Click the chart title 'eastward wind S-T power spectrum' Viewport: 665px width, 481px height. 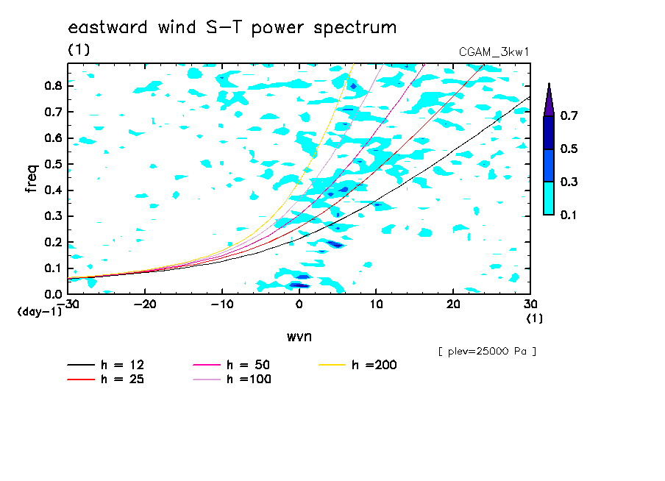(x=232, y=27)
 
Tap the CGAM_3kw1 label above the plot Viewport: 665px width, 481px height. (x=494, y=52)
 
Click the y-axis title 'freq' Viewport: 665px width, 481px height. (x=32, y=179)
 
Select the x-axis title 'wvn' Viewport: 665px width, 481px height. (x=299, y=337)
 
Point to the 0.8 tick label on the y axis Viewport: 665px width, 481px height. (x=53, y=85)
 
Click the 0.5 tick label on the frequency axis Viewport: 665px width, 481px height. (x=53, y=164)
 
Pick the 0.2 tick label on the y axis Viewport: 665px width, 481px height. (x=53, y=242)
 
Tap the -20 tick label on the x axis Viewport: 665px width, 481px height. (x=145, y=304)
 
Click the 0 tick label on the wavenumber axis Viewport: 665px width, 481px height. (x=299, y=304)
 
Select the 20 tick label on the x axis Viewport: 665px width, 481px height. (x=453, y=304)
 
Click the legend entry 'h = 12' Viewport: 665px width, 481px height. (x=106, y=365)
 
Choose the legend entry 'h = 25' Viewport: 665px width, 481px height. (x=106, y=379)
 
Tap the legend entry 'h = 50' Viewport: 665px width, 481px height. (x=232, y=365)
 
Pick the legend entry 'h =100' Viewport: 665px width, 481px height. (x=232, y=379)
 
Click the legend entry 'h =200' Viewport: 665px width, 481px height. (x=358, y=365)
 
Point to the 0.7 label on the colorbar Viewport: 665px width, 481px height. (x=569, y=115)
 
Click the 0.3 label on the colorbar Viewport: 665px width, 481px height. (x=569, y=182)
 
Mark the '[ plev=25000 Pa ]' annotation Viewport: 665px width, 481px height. (x=487, y=352)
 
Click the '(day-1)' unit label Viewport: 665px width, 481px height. (x=40, y=312)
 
